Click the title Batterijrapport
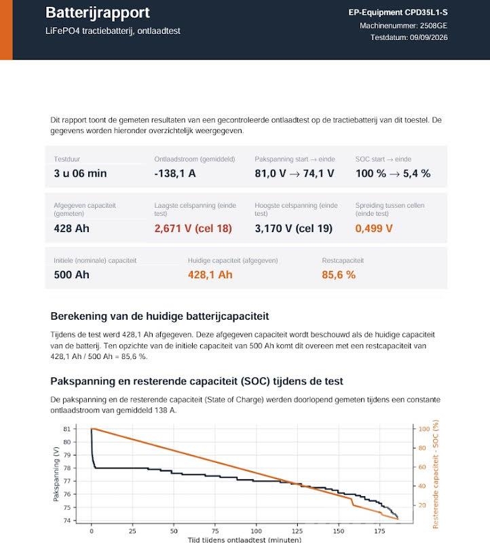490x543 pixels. tap(97, 13)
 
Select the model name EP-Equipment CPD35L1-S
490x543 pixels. tap(398, 12)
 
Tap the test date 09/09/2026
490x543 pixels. tap(429, 37)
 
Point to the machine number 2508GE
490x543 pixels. tap(434, 26)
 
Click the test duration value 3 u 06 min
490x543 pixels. tap(80, 173)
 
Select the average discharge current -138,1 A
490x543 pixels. tap(175, 173)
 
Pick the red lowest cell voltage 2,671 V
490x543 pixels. tap(173, 229)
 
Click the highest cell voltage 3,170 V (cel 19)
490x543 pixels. tap(294, 229)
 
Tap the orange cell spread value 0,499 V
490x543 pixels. tap(374, 229)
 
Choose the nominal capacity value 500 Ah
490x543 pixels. tap(72, 275)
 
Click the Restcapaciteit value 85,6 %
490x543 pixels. tap(339, 275)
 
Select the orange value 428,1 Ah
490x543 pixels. tap(210, 275)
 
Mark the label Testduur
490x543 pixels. tap(67, 159)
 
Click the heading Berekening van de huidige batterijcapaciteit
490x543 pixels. tap(159, 316)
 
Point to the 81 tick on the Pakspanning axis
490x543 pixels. tap(67, 429)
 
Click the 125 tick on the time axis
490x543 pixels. tap(297, 531)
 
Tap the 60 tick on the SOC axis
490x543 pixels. tap(422, 467)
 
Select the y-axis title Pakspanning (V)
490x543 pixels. tap(56, 474)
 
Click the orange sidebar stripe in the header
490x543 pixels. tap(6, 30)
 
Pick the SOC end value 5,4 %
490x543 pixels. tap(417, 173)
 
